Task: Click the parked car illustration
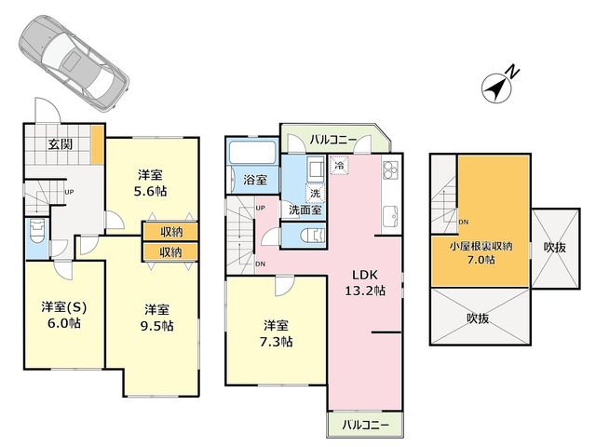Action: point(74,63)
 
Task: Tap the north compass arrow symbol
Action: point(498,86)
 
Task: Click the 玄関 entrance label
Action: point(60,144)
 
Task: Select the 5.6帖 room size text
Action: point(150,191)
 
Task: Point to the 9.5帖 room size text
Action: point(157,326)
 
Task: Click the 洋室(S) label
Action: point(64,306)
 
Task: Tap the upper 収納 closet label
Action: point(170,232)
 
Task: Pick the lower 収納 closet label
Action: point(170,251)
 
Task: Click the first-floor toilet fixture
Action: point(37,231)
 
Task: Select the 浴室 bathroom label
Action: point(255,180)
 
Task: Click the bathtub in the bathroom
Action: point(252,153)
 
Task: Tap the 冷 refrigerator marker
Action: point(339,166)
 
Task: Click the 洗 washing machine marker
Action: point(315,193)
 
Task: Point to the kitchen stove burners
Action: point(390,169)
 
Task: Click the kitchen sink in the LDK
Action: point(390,216)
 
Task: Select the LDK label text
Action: point(364,275)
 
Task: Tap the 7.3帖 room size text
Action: point(276,342)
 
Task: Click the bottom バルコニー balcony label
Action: point(365,425)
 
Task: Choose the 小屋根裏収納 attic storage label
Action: point(481,246)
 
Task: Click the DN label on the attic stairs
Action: point(464,222)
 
